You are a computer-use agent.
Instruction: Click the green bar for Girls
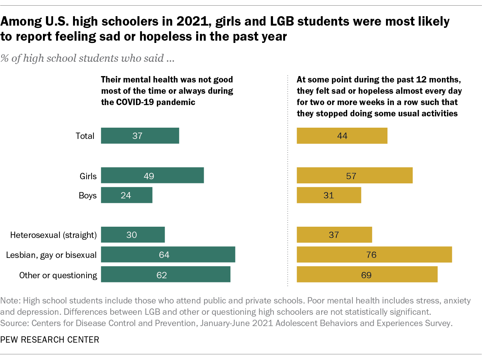(x=152, y=175)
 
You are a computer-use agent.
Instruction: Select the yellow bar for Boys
(x=329, y=195)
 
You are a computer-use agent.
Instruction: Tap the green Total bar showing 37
(x=140, y=136)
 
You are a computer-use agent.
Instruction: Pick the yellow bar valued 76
(x=374, y=255)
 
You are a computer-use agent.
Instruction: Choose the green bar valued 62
(x=165, y=275)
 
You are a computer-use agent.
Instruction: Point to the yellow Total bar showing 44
(x=342, y=136)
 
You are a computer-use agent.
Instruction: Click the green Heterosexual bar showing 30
(x=133, y=235)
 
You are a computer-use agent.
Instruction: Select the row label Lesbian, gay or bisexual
(x=51, y=255)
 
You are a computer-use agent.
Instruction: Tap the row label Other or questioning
(x=58, y=275)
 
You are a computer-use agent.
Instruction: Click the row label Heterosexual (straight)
(x=53, y=235)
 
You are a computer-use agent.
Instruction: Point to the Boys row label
(x=87, y=195)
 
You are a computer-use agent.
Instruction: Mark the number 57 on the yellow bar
(x=351, y=176)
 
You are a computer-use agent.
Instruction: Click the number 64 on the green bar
(x=164, y=255)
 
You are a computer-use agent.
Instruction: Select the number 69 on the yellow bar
(x=366, y=275)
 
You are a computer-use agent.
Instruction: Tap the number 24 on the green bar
(x=126, y=195)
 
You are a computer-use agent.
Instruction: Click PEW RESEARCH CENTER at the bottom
(x=50, y=340)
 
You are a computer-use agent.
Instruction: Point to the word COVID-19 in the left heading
(x=135, y=102)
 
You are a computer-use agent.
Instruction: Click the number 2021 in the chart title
(x=192, y=21)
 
